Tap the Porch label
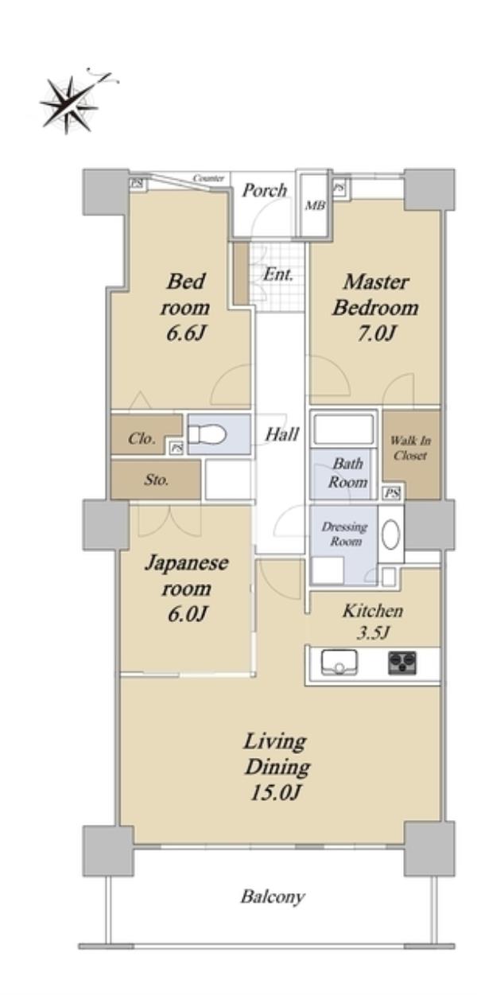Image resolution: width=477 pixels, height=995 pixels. (x=264, y=191)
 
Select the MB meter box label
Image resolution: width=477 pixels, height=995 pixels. (x=316, y=206)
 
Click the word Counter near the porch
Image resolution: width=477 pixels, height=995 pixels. (x=208, y=179)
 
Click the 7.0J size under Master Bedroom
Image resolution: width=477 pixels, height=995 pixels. (x=376, y=334)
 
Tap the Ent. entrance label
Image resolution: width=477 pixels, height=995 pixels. (x=278, y=274)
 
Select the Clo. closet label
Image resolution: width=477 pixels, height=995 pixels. (x=142, y=439)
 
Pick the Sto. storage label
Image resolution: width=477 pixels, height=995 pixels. (x=156, y=480)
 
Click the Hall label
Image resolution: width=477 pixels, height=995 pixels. (x=281, y=434)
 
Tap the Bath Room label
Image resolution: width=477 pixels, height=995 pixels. (x=347, y=472)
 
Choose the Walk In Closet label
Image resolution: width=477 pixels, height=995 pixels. (x=410, y=448)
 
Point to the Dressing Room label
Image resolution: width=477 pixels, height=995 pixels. (x=345, y=534)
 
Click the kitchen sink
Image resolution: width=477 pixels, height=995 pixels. (x=339, y=663)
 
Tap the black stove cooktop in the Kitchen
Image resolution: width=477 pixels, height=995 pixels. (x=402, y=663)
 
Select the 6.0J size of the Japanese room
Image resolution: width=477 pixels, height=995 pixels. (x=188, y=614)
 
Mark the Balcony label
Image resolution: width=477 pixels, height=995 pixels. (x=273, y=896)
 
